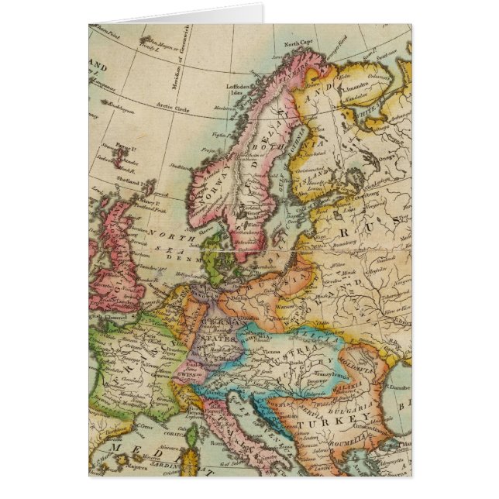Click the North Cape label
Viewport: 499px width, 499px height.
tap(301, 44)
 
